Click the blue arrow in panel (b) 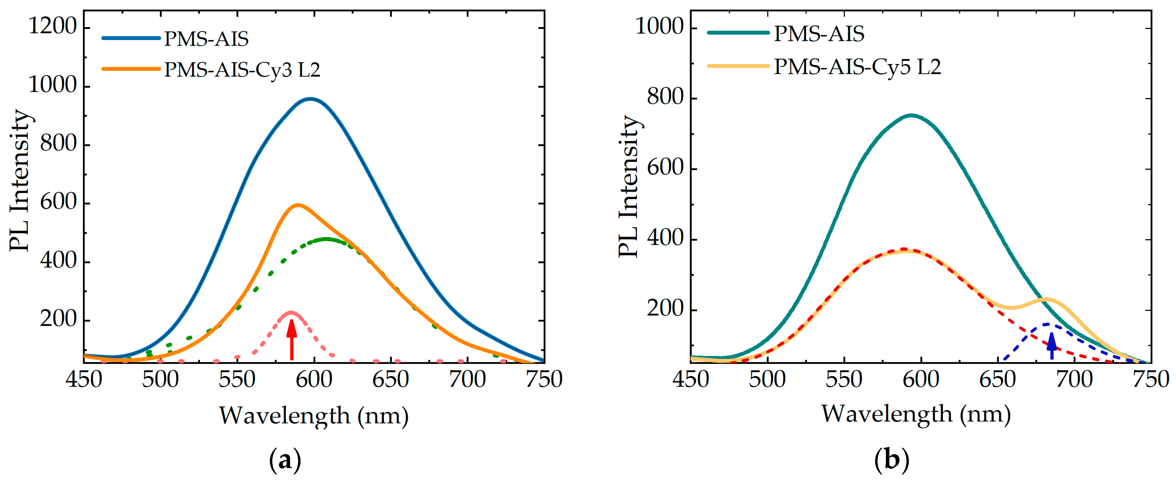point(1051,346)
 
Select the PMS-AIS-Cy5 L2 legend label point(857,67)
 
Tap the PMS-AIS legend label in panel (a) point(206,39)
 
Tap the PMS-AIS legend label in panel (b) point(819,34)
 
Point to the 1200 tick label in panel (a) point(53,26)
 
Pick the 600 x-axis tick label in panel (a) point(314,380)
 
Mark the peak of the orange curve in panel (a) point(298,205)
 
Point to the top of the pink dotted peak point(291,313)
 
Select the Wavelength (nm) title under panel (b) point(916,414)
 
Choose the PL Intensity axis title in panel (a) point(20,180)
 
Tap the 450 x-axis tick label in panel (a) point(83,380)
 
